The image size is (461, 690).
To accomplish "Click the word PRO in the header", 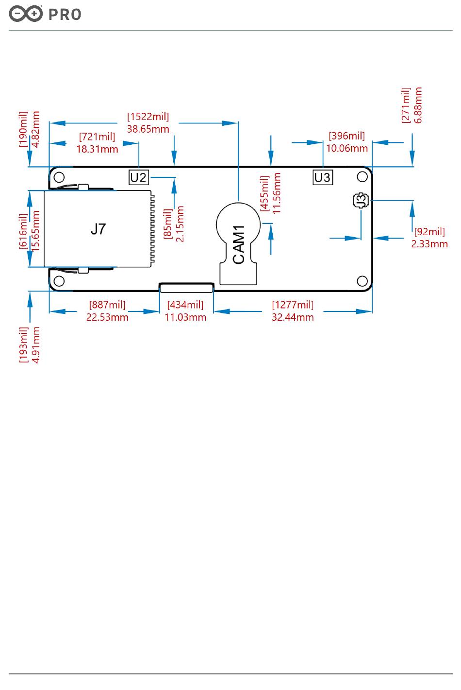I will pyautogui.click(x=65, y=15).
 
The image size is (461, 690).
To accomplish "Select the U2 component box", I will pyautogui.click(x=138, y=177).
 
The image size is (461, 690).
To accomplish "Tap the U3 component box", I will pyautogui.click(x=322, y=177).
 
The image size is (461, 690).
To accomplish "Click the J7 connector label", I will pyautogui.click(x=98, y=229).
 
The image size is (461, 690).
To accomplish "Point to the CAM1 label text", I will pyautogui.click(x=239, y=244).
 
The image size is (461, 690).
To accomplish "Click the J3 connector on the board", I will pyautogui.click(x=360, y=201).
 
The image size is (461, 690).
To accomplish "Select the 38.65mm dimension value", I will pyautogui.click(x=148, y=129).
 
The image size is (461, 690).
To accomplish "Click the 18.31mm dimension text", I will pyautogui.click(x=97, y=149).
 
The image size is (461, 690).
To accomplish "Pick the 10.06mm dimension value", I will pyautogui.click(x=346, y=148).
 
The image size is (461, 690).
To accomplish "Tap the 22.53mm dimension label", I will pyautogui.click(x=107, y=317).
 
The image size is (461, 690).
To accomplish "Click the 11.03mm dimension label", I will pyautogui.click(x=185, y=317).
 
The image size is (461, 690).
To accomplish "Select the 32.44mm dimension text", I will pyautogui.click(x=293, y=317).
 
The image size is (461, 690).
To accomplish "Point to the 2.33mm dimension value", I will pyautogui.click(x=429, y=243).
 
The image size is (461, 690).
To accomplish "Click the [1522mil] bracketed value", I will pyautogui.click(x=148, y=117).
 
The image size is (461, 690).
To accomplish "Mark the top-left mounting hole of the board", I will pyautogui.click(x=59, y=176).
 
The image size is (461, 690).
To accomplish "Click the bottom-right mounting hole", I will pyautogui.click(x=362, y=281).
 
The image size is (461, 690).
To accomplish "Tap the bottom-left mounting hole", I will pyautogui.click(x=59, y=281).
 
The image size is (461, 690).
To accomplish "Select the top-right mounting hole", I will pyautogui.click(x=362, y=176).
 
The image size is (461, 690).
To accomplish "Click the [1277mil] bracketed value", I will pyautogui.click(x=293, y=305).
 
